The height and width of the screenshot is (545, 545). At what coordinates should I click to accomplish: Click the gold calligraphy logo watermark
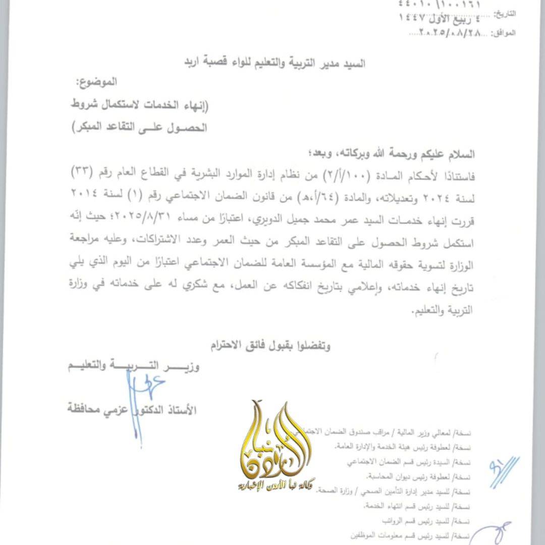coord(277,444)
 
